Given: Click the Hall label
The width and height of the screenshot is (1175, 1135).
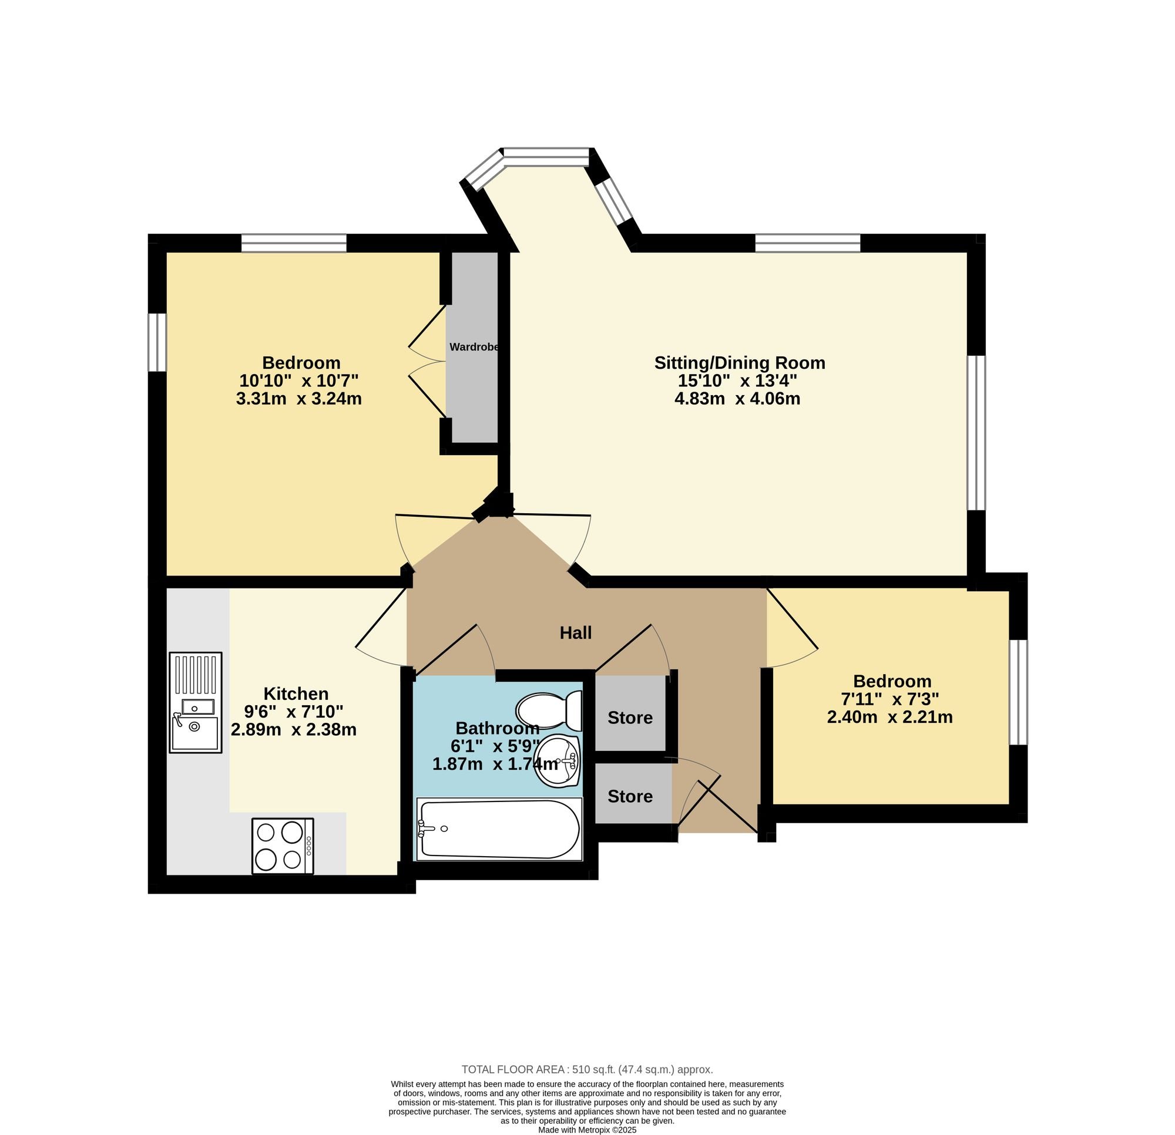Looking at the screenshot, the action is tap(576, 633).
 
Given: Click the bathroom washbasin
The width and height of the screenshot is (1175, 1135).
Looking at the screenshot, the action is tap(557, 761).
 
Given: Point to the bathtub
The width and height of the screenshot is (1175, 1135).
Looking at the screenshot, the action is tap(499, 829).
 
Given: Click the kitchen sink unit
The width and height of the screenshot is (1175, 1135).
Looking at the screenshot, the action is tap(196, 702).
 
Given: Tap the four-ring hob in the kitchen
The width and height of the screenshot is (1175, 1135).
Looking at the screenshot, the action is tap(283, 846).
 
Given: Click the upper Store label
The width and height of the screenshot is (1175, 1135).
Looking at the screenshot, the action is tap(630, 718).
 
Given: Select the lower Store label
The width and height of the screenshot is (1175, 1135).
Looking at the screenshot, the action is tap(630, 796).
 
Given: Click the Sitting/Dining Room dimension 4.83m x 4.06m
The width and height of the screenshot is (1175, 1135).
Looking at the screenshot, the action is tap(737, 399).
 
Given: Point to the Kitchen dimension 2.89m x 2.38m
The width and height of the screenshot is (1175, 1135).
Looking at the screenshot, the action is tap(294, 729).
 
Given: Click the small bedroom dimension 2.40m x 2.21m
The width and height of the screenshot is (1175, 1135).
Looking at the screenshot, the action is tap(889, 717).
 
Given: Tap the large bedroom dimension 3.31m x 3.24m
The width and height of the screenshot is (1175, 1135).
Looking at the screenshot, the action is tap(299, 399).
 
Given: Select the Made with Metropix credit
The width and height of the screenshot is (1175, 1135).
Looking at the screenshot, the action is tap(587, 1130).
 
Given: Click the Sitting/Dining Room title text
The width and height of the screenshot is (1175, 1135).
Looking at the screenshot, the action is tap(740, 362).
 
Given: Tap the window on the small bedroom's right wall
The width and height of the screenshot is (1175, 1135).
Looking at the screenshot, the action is tap(1019, 692).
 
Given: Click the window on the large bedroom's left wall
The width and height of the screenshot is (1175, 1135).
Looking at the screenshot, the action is tap(157, 342).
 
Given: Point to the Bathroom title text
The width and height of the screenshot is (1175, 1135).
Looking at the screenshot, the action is tap(498, 728).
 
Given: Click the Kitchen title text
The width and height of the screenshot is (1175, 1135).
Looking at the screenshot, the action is tap(296, 694).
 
